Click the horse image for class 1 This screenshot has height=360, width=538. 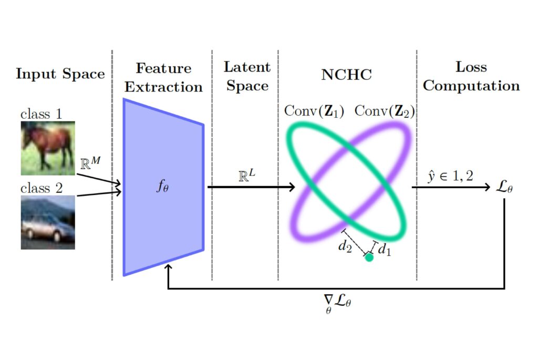pos(48,148)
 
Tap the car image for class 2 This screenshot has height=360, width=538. pos(48,222)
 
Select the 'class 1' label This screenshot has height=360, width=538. pos(41,114)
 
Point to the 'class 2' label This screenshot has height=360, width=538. pos(42,188)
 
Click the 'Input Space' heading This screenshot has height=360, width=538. pos(60,74)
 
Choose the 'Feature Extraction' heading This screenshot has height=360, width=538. pos(163,78)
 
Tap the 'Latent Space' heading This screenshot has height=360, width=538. pos(247,77)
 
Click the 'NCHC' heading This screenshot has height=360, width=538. pos(347,75)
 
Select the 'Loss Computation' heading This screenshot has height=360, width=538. pos(471,76)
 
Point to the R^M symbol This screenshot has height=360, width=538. pos(90,163)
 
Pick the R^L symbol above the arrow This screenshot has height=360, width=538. pos(247,175)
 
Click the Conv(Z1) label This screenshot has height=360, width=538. pos(314,111)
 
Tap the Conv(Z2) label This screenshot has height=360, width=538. pos(385,111)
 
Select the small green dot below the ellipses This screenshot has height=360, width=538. pos(369,257)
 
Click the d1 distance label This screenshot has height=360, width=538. pos(384,249)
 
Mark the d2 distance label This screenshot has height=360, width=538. pos(345,246)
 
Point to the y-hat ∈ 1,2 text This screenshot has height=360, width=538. pos(450,176)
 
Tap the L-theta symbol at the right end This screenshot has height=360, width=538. pos(504,188)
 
